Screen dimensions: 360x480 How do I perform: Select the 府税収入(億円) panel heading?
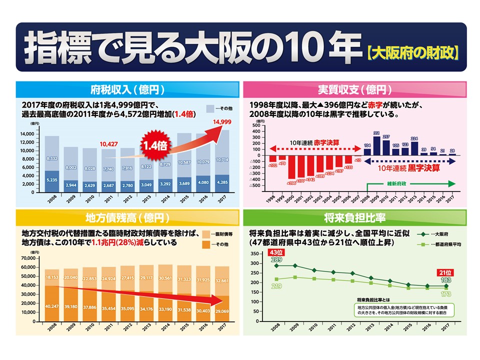pyautogui.click(x=126, y=90)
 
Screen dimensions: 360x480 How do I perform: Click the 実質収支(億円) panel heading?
pyautogui.click(x=354, y=90)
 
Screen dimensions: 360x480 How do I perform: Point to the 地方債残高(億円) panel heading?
pyautogui.click(x=126, y=218)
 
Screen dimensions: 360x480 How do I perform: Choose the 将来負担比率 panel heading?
pyautogui.click(x=354, y=218)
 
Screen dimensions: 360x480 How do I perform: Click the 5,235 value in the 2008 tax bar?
pyautogui.click(x=51, y=180)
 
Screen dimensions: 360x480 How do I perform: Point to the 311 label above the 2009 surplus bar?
pyautogui.click(x=376, y=133)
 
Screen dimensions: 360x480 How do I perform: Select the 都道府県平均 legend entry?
pyautogui.click(x=440, y=244)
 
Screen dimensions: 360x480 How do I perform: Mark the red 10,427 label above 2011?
pyautogui.click(x=108, y=144)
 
